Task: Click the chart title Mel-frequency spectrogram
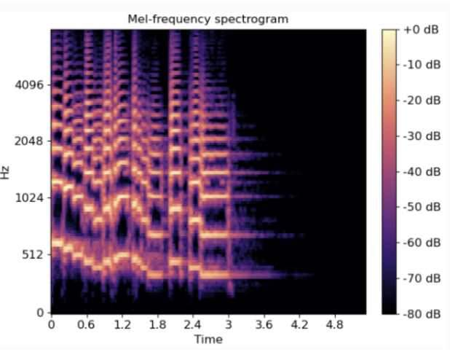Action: coord(208,19)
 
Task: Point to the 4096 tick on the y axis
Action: coord(31,85)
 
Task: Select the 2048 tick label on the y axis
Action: coord(31,141)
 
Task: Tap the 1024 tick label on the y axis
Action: coord(31,197)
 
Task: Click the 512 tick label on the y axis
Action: coord(33,254)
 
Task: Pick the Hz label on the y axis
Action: coord(7,173)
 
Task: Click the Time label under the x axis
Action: coord(208,340)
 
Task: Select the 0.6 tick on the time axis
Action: coord(87,324)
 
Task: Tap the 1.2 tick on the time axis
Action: coord(122,324)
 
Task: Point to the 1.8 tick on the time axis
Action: coord(158,324)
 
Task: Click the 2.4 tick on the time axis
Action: coord(194,324)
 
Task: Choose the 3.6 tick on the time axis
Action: coord(265,324)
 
